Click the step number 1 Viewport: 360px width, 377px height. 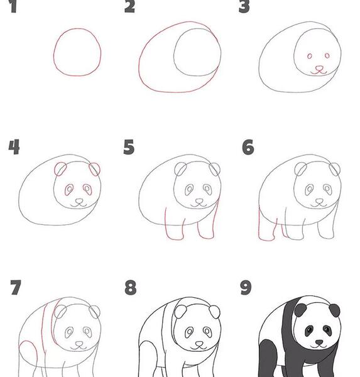click(x=13, y=6)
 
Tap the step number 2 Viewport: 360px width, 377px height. click(x=129, y=6)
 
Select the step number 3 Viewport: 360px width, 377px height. click(x=244, y=6)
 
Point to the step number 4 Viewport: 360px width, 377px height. click(x=14, y=147)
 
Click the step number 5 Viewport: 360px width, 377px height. click(x=129, y=147)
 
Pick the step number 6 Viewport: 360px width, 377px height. click(x=248, y=147)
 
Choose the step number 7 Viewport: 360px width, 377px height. click(x=16, y=287)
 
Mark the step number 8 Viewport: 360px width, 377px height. click(x=131, y=288)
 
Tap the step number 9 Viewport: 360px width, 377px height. click(x=246, y=288)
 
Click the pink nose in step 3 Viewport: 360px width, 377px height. click(x=319, y=68)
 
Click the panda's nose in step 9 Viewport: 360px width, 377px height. click(x=319, y=342)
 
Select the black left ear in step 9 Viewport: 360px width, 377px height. click(x=300, y=310)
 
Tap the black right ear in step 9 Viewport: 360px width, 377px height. click(x=334, y=310)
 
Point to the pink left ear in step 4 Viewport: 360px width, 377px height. click(x=60, y=169)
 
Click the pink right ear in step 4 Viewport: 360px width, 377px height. click(x=94, y=169)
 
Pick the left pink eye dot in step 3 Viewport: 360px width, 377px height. click(x=310, y=57)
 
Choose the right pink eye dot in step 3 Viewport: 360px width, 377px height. click(x=327, y=56)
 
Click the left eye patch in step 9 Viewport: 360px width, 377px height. click(x=309, y=331)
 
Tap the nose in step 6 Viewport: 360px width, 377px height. click(x=319, y=201)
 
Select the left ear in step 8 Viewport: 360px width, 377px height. click(x=180, y=312)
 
